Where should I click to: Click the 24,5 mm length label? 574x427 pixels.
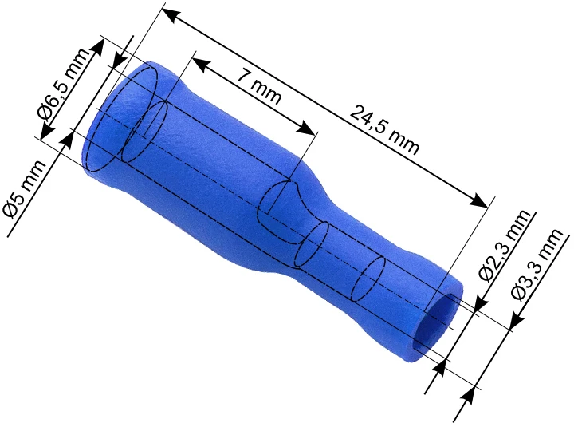(384, 129)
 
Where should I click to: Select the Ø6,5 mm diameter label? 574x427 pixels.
(63, 85)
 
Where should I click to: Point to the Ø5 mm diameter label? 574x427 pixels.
(25, 189)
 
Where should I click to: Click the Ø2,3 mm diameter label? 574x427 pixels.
(505, 246)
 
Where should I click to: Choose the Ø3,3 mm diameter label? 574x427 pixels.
(537, 265)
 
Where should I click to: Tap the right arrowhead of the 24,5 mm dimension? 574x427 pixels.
(479, 200)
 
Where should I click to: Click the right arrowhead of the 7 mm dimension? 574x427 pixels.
(305, 128)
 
